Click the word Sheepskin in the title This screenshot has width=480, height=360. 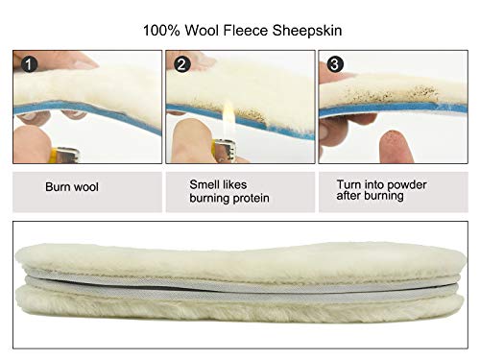(307, 31)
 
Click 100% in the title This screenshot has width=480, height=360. (161, 31)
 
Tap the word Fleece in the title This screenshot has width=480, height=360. (246, 31)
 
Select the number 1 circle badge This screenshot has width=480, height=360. (30, 64)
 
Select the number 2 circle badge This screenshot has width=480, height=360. (182, 64)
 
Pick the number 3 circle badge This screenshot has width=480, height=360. (335, 64)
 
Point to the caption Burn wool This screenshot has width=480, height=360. (72, 187)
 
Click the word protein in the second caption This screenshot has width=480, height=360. (251, 199)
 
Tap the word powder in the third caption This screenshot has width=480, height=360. (407, 185)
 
